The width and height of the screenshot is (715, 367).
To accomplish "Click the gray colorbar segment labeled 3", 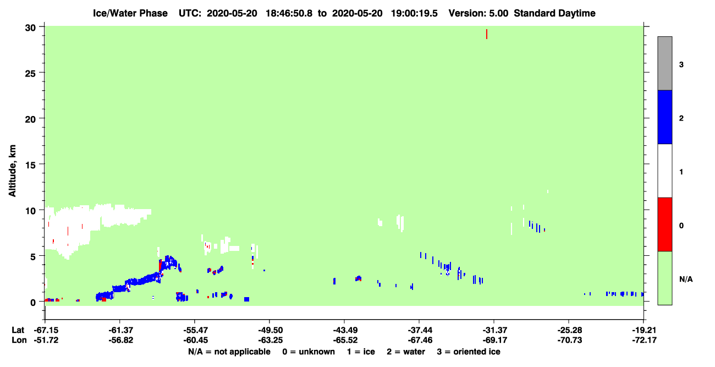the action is [x=664, y=63].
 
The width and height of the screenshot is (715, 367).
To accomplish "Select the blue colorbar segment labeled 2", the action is [x=664, y=117].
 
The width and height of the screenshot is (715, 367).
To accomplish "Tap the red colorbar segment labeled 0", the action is [x=664, y=224].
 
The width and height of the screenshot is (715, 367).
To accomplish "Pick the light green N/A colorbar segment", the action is [x=664, y=278].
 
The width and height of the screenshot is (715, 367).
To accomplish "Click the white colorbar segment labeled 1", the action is [x=664, y=171].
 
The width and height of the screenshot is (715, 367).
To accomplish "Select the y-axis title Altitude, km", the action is [x=12, y=171].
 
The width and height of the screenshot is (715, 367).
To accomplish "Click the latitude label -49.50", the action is [x=269, y=330].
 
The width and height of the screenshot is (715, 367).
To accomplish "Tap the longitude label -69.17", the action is [x=494, y=340].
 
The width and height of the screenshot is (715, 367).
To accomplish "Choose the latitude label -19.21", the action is [x=644, y=330].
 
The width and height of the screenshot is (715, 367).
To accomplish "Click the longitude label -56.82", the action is [x=120, y=340].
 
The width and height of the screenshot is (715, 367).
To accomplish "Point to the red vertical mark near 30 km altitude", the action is [x=486, y=34].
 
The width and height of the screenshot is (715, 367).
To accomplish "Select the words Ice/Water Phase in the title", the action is [x=130, y=13].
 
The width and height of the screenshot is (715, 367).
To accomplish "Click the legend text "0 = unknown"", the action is [x=309, y=352].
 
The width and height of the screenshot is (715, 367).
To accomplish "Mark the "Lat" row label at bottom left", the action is [x=18, y=330].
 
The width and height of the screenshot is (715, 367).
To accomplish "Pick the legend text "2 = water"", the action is [x=406, y=352].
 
